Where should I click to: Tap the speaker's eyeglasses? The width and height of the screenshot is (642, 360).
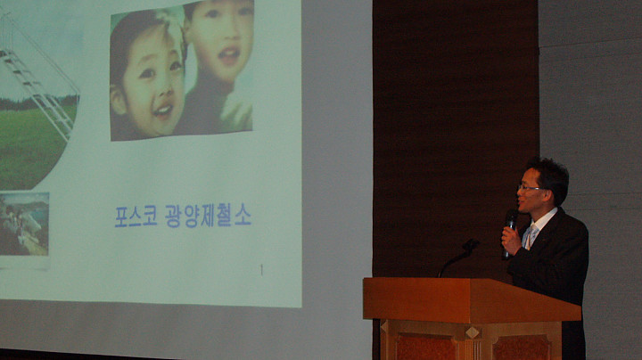coord(530,188)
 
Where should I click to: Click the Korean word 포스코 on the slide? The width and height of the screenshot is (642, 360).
coord(136,217)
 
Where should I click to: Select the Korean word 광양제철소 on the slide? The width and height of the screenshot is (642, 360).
coord(208,216)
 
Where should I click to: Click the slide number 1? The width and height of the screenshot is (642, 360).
coord(261,270)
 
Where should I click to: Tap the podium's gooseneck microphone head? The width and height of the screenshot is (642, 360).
coord(470,245)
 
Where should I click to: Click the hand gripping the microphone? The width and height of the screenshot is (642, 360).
coord(512,240)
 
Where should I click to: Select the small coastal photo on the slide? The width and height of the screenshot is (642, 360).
coord(24,224)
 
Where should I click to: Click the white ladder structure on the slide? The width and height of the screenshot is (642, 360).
coord(39,91)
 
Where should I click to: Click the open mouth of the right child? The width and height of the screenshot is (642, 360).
coord(229,55)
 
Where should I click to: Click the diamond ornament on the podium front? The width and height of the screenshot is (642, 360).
coord(472,332)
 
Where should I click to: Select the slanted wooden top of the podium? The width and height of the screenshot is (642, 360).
coord(472,299)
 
